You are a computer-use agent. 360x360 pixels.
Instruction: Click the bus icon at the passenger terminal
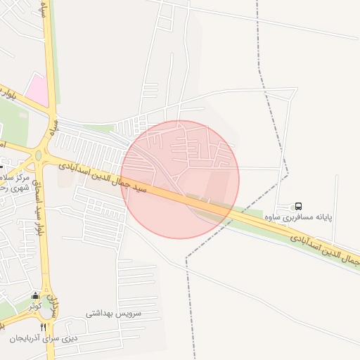click(x=299, y=207)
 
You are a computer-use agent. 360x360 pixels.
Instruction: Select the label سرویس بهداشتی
click(x=115, y=313)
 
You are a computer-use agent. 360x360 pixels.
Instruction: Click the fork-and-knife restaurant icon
click(x=44, y=327)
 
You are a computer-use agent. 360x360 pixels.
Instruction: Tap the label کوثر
click(x=35, y=307)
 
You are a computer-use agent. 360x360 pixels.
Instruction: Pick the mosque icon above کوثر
click(x=35, y=295)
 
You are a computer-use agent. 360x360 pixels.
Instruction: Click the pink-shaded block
click(x=37, y=90)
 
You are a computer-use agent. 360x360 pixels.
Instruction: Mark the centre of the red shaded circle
click(x=180, y=179)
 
